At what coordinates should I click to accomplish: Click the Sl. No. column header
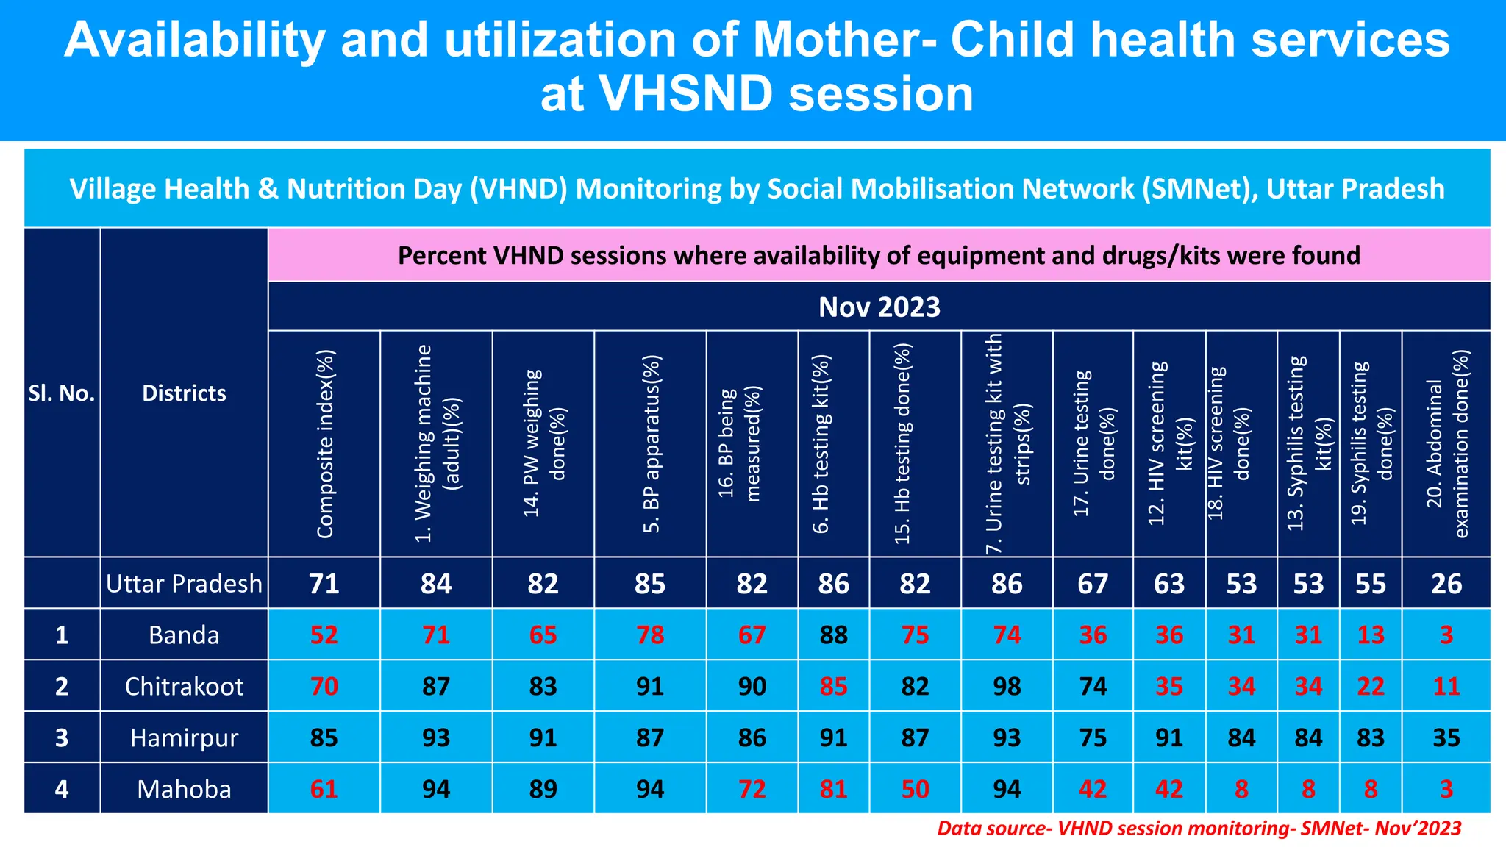pyautogui.click(x=62, y=393)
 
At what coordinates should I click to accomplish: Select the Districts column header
pyautogui.click(x=184, y=393)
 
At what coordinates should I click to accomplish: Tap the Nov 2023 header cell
pyautogui.click(x=879, y=307)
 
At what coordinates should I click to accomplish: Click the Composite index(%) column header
pyautogui.click(x=325, y=443)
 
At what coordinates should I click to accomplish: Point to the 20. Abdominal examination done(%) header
pyautogui.click(x=1446, y=443)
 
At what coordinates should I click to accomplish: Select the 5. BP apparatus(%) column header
pyautogui.click(x=651, y=443)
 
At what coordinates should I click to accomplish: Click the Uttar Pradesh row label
pyautogui.click(x=184, y=584)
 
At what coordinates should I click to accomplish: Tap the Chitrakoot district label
pyautogui.click(x=184, y=687)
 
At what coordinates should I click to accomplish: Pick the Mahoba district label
pyautogui.click(x=184, y=790)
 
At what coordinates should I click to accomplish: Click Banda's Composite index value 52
pyautogui.click(x=324, y=635)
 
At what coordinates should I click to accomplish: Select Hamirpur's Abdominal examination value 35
pyautogui.click(x=1446, y=738)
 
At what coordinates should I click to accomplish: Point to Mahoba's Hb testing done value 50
pyautogui.click(x=915, y=790)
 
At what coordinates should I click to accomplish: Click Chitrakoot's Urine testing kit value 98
pyautogui.click(x=1007, y=687)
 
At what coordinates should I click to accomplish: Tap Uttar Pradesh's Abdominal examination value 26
pyautogui.click(x=1446, y=584)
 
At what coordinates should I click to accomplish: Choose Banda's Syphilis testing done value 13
pyautogui.click(x=1371, y=635)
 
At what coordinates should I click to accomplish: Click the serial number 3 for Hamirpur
pyautogui.click(x=62, y=738)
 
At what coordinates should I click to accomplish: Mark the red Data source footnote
pyautogui.click(x=1199, y=829)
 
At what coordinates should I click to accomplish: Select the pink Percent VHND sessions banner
pyautogui.click(x=879, y=256)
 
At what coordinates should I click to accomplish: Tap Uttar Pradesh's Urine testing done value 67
pyautogui.click(x=1093, y=584)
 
